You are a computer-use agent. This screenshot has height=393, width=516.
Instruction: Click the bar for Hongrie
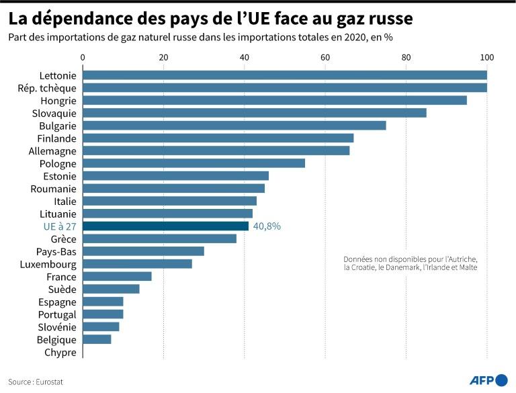(274, 100)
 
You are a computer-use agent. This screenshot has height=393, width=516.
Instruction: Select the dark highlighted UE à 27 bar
(165, 226)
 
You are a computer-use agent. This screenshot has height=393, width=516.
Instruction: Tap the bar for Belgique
(97, 339)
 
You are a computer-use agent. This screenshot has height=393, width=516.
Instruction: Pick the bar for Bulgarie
(234, 126)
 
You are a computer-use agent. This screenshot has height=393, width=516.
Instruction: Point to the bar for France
(117, 276)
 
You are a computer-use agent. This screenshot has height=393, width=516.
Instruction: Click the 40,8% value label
(267, 226)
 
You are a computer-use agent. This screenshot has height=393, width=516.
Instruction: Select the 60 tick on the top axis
(325, 58)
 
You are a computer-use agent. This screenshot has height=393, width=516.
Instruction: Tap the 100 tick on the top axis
(486, 58)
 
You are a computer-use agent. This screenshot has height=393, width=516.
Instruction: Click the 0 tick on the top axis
(83, 58)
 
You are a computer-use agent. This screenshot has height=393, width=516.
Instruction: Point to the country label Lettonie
(58, 75)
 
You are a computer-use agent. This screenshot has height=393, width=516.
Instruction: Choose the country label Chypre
(60, 352)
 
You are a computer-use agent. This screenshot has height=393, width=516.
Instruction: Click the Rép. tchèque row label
(47, 87)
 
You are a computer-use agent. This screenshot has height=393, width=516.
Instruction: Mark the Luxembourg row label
(49, 264)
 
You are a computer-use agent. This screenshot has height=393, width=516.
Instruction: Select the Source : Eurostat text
(40, 382)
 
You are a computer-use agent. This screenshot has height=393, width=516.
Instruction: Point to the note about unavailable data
(405, 263)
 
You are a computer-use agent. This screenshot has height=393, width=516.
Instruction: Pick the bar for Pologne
(193, 163)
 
